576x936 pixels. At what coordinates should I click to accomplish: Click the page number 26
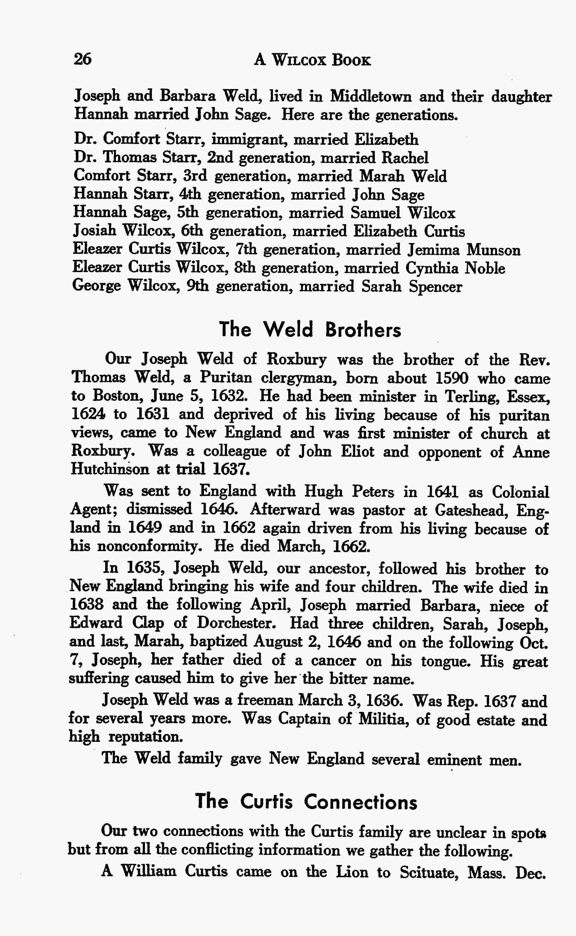point(83,60)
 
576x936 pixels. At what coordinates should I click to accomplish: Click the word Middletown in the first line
point(370,96)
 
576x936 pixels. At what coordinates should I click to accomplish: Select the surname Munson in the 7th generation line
point(493,250)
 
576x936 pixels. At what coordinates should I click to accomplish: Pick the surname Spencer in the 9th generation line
point(435,287)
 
